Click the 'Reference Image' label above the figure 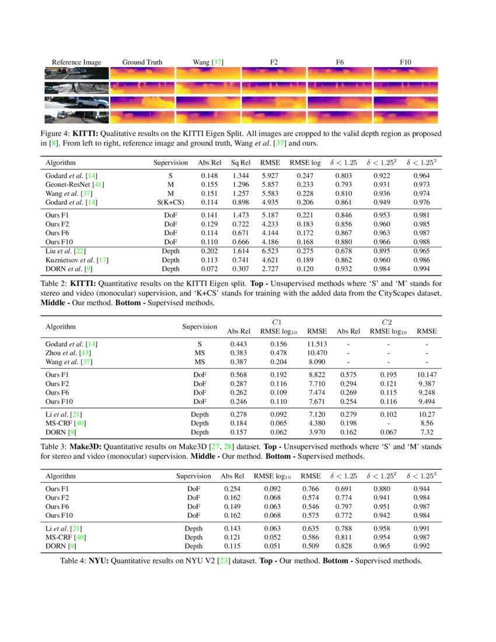point(76,62)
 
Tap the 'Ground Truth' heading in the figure point(142,62)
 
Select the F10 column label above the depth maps point(406,62)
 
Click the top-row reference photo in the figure point(76,74)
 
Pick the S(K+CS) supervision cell point(171,203)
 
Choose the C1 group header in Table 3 point(277,322)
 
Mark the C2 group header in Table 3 point(386,322)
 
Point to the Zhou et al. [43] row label point(68,353)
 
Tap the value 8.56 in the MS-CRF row point(427,423)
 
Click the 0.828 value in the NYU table point(345,546)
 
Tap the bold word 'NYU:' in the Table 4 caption point(99,561)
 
